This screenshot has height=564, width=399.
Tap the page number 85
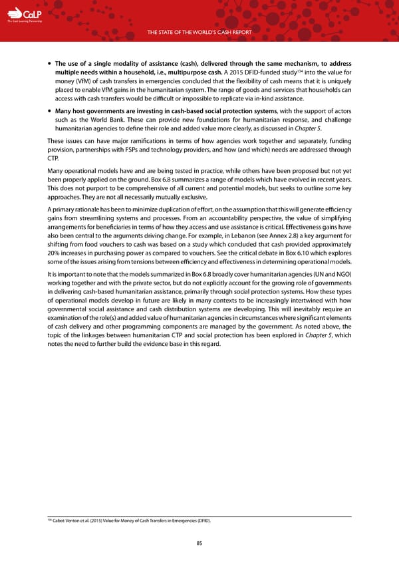[x=199, y=543]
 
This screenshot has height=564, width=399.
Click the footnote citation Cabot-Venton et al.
[x=74, y=520]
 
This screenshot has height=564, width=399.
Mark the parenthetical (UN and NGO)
[x=329, y=275]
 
